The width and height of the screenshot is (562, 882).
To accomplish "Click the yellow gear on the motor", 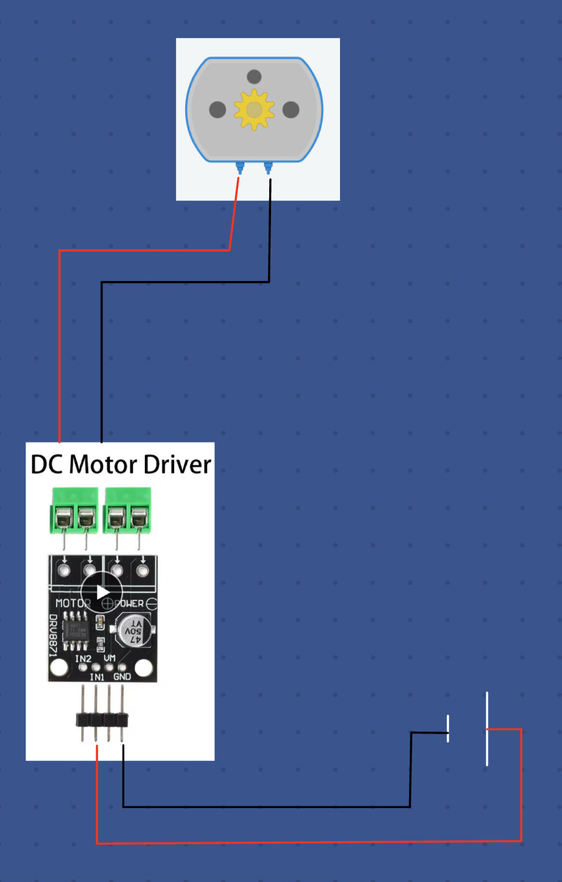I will (254, 109).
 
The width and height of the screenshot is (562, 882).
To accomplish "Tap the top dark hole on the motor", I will (254, 76).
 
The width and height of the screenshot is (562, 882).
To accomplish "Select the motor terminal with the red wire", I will (239, 167).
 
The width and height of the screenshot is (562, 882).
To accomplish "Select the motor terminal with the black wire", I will (269, 167).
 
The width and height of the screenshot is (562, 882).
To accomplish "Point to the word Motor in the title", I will (103, 465).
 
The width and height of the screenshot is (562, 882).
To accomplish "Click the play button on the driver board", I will (103, 592).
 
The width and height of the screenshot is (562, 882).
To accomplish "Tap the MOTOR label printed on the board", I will (72, 603).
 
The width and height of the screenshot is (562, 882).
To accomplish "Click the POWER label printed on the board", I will (129, 603).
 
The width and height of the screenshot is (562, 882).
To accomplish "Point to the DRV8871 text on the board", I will (53, 635).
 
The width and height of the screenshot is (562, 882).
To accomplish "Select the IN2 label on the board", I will (83, 658).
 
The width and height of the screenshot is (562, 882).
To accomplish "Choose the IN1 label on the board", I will (97, 677).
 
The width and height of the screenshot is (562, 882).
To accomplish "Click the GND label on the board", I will (122, 677).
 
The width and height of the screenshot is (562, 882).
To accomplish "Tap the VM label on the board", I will (109, 658).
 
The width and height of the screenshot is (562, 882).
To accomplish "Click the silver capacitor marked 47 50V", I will (132, 630).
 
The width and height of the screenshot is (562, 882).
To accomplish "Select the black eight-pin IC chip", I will (75, 631).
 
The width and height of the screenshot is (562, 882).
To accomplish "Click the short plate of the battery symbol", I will (448, 728).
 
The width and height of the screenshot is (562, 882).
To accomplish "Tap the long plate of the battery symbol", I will (487, 728).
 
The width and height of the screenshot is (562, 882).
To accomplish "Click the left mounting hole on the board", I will (60, 668).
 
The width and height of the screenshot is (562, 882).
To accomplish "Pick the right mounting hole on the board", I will (144, 668).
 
